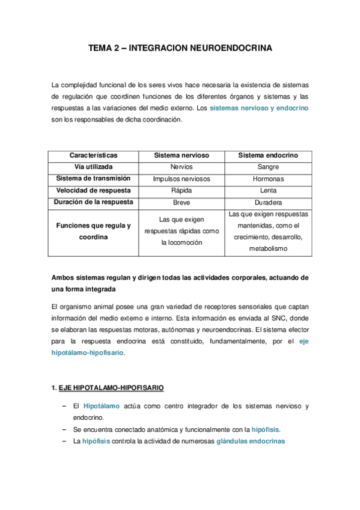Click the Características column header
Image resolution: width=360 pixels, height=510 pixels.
click(x=93, y=155)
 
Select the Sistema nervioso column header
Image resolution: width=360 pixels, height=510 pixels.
click(x=182, y=155)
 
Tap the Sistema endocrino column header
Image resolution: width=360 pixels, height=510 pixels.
click(x=267, y=155)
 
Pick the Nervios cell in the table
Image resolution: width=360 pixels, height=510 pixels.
click(x=182, y=167)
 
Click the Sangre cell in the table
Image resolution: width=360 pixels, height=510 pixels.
click(x=267, y=167)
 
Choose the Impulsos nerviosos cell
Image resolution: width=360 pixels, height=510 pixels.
click(x=182, y=179)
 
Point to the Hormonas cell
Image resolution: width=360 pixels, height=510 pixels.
click(x=267, y=179)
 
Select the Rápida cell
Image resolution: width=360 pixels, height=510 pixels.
click(x=182, y=191)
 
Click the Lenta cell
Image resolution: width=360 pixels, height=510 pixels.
click(x=267, y=191)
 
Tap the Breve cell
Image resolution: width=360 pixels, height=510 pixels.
click(x=182, y=203)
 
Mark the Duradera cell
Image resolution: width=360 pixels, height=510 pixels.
click(x=267, y=203)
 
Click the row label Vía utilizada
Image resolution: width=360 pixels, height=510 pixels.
click(x=93, y=167)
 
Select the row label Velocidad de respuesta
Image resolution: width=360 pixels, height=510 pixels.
click(x=93, y=190)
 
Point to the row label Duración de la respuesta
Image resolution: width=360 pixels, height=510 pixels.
click(x=93, y=202)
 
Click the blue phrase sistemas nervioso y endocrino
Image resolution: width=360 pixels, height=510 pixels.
click(x=259, y=108)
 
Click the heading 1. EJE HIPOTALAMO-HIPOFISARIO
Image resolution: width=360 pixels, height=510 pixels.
click(x=108, y=387)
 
